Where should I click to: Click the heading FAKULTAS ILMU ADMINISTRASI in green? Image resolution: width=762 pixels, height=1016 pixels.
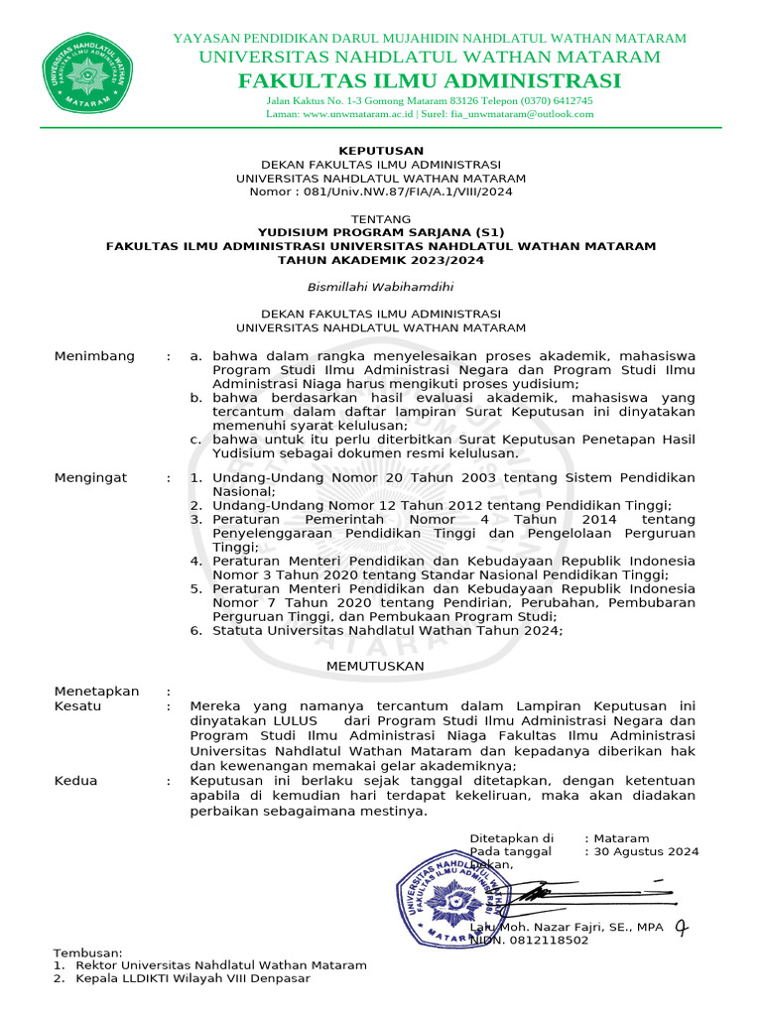point(430,80)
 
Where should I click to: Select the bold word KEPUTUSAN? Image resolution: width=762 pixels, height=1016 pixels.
point(380,150)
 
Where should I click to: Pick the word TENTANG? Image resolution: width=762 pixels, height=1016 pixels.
point(381,218)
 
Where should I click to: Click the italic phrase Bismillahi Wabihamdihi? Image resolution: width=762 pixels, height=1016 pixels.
point(380,287)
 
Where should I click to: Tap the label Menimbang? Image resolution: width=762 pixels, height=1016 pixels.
point(94,356)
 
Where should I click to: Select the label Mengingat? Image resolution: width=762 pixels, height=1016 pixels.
point(91,478)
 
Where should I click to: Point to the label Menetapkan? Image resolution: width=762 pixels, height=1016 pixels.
point(96,692)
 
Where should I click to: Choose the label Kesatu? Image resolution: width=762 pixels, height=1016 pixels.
point(77,705)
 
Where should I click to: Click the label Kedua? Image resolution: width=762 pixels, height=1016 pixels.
point(76,781)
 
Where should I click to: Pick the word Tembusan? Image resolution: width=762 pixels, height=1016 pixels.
point(87,952)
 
